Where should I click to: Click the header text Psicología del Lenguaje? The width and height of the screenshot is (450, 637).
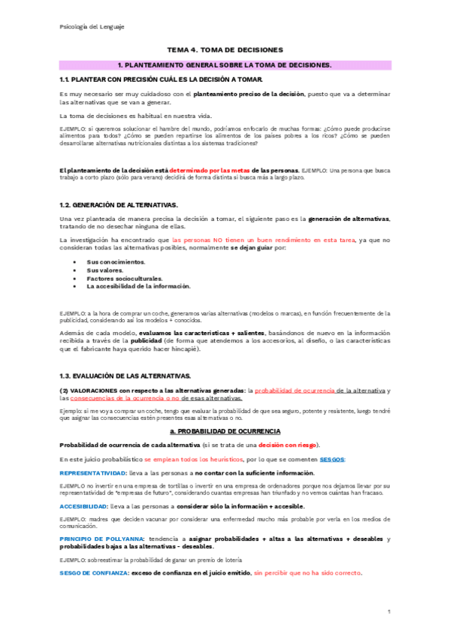[92, 26]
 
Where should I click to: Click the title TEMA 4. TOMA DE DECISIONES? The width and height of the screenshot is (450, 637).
[224, 49]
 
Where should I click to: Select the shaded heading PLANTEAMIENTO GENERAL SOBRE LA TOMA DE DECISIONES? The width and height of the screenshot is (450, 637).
[225, 65]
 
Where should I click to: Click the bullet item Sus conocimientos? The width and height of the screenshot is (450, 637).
[116, 261]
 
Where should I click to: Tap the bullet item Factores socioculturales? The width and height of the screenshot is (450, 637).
[124, 278]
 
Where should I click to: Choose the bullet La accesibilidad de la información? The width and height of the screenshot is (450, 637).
[138, 286]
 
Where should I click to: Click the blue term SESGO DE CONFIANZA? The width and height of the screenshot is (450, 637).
[93, 573]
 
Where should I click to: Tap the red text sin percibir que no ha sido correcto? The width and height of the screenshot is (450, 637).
[308, 573]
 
